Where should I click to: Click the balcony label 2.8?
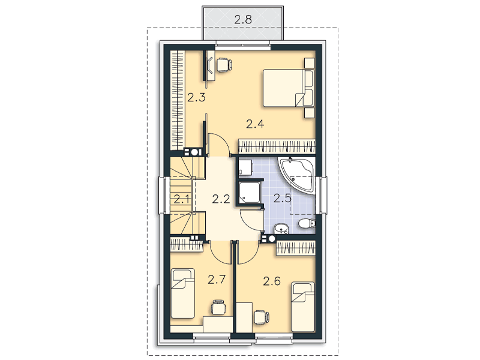click(x=243, y=20)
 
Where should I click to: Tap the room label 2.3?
click(x=196, y=98)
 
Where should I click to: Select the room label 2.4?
click(x=255, y=124)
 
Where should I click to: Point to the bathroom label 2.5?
click(x=282, y=199)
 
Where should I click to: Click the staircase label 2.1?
click(x=182, y=200)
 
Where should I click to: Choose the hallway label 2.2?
click(x=221, y=199)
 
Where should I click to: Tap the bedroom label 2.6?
click(x=272, y=281)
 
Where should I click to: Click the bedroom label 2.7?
click(x=217, y=280)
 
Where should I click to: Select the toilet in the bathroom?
click(x=307, y=224)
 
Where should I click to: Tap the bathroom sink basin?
click(x=281, y=229)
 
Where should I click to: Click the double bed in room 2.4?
click(x=289, y=88)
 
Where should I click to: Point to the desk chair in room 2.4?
click(x=224, y=65)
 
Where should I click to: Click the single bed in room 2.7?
click(x=183, y=293)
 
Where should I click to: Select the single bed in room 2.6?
click(x=303, y=307)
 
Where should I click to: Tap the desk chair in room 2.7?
click(x=218, y=307)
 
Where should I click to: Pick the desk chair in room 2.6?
click(x=262, y=317)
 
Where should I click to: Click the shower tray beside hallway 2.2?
click(x=250, y=192)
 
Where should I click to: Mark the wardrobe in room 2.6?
click(x=296, y=248)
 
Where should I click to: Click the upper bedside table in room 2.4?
click(x=309, y=63)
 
